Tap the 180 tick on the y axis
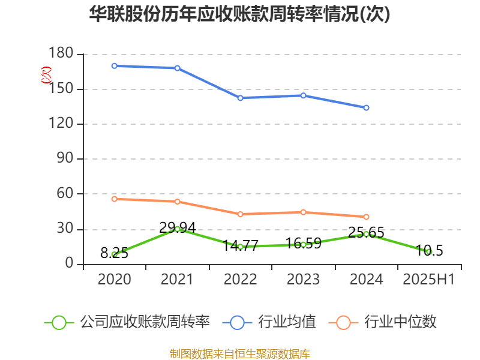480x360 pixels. pyautogui.click(x=61, y=55)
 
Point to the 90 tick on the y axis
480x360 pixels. pyautogui.click(x=65, y=159)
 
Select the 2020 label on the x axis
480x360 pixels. pyautogui.click(x=114, y=279)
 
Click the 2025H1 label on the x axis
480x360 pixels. pyautogui.click(x=429, y=279)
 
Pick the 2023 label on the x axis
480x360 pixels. pyautogui.click(x=303, y=279)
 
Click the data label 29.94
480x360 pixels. pyautogui.click(x=177, y=227)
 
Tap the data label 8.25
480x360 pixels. pyautogui.click(x=114, y=253)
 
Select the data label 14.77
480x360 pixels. pyautogui.click(x=240, y=245)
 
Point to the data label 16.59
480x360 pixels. pyautogui.click(x=303, y=243)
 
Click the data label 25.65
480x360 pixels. pyautogui.click(x=366, y=233)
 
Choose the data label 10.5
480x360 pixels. pyautogui.click(x=429, y=251)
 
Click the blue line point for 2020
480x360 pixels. pyautogui.click(x=114, y=66)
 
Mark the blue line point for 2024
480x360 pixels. pyautogui.click(x=366, y=108)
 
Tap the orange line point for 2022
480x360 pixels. pyautogui.click(x=240, y=214)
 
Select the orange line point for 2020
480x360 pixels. pyautogui.click(x=114, y=199)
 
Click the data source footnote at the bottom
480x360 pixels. pyautogui.click(x=239, y=353)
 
